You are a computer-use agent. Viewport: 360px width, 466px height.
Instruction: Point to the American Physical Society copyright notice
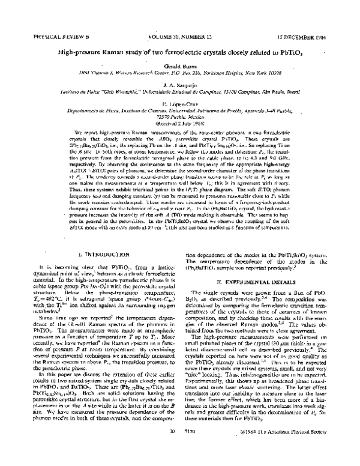click(293, 449)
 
